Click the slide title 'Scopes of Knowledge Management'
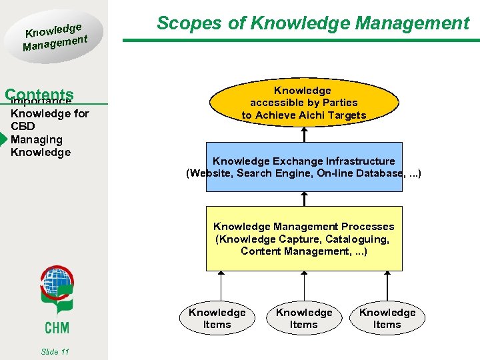pos(313,23)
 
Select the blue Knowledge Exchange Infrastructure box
pos(304,167)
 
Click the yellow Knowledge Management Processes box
pos(304,239)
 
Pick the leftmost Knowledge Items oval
pos(217,318)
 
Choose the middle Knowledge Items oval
pos(304,318)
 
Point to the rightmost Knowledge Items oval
pos(387,318)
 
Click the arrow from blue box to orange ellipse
pos(304,134)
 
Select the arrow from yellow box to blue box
pos(304,199)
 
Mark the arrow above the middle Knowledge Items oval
pos(304,285)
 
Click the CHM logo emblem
pos(57,291)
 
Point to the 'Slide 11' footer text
pos(55,351)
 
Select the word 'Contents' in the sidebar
pos(39,95)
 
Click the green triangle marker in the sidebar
pos(4,139)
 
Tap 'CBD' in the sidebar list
pos(23,127)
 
